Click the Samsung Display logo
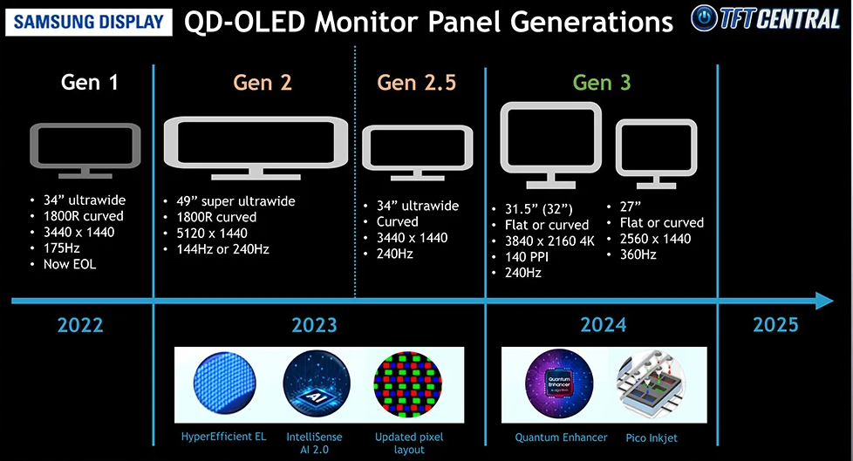[89, 22]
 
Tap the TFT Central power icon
[705, 18]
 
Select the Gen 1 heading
[89, 83]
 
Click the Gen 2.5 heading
[417, 83]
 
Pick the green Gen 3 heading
[602, 83]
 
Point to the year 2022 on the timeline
[80, 325]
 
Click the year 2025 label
[775, 325]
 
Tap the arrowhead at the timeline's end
[824, 301]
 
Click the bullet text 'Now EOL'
[70, 264]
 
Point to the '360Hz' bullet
[638, 254]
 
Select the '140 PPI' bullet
[527, 256]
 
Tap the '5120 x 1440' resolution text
[212, 234]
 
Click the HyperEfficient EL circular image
[224, 383]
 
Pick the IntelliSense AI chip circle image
[317, 384]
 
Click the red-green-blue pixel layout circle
[408, 384]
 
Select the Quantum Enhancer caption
[561, 437]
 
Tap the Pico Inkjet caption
[652, 438]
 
